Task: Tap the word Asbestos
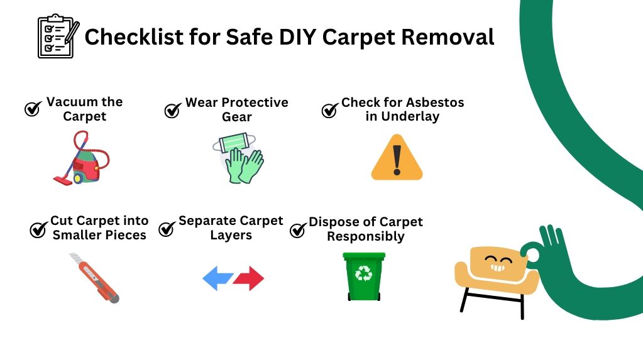coord(434,102)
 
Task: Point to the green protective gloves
coord(244,165)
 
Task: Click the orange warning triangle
coord(397,158)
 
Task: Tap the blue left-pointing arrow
coord(218,278)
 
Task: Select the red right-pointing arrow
coord(249,278)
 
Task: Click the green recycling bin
coord(364,276)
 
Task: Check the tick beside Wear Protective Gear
coord(173,110)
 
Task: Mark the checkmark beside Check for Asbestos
coord(330,110)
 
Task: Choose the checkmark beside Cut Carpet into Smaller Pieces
coord(39,229)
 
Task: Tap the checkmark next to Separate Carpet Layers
coord(167,229)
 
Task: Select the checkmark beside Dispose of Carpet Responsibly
coord(298,230)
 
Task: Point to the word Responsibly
coord(366,237)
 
